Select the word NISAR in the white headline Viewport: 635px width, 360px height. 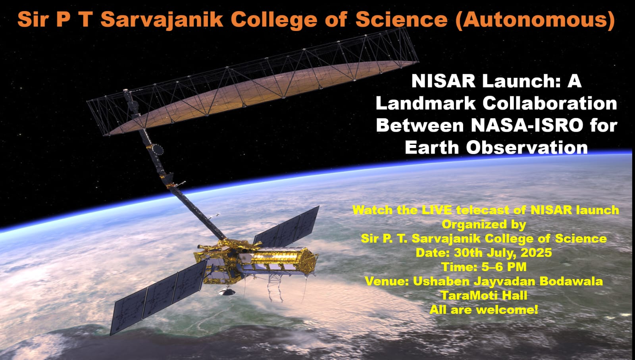443,81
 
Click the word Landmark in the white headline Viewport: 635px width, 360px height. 425,103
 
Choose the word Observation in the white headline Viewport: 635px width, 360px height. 527,147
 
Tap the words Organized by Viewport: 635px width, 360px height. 484,224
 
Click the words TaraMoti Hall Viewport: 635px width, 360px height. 484,296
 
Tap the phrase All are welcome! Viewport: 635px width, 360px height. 484,310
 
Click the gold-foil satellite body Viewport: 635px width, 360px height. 255,261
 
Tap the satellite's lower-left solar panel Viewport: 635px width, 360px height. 159,298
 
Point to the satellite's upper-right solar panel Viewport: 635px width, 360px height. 286,227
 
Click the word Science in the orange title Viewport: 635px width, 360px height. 401,19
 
